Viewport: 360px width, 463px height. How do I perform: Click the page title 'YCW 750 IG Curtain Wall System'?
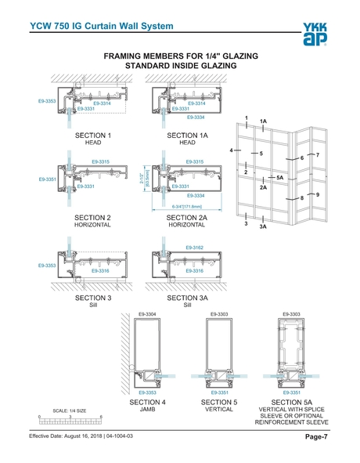click(101, 27)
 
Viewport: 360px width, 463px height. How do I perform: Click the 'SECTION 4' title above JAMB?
click(147, 401)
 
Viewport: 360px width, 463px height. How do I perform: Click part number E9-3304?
click(147, 313)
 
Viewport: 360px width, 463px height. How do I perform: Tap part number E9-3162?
click(195, 247)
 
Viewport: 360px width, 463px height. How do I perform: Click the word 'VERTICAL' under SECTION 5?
click(219, 409)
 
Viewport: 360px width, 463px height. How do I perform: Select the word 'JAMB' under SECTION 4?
click(147, 409)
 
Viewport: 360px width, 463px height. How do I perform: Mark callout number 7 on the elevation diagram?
click(318, 154)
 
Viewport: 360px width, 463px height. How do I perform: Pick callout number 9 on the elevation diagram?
click(318, 193)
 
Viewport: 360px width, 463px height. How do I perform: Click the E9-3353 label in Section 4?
click(147, 392)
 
